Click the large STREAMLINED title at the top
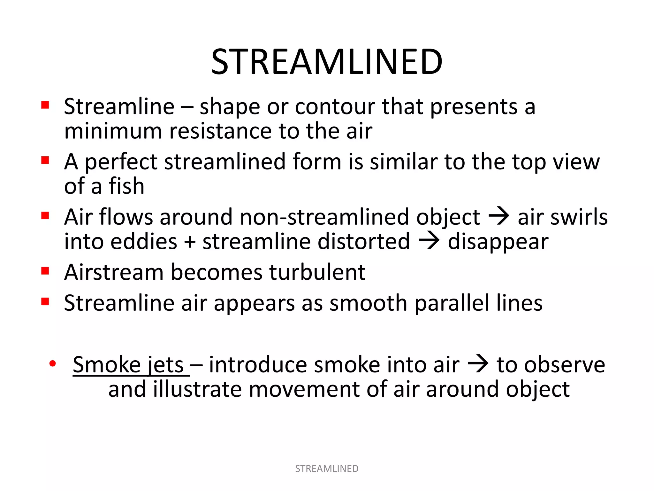click(327, 62)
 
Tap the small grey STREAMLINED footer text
click(327, 469)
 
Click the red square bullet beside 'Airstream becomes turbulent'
click(45, 271)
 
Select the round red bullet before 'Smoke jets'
click(53, 363)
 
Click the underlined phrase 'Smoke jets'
click(128, 365)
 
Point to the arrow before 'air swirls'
click(499, 216)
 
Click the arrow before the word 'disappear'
click(429, 241)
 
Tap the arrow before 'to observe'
click(478, 364)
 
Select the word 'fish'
click(126, 186)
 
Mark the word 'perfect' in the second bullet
click(121, 162)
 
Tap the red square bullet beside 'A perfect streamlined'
click(45, 160)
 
